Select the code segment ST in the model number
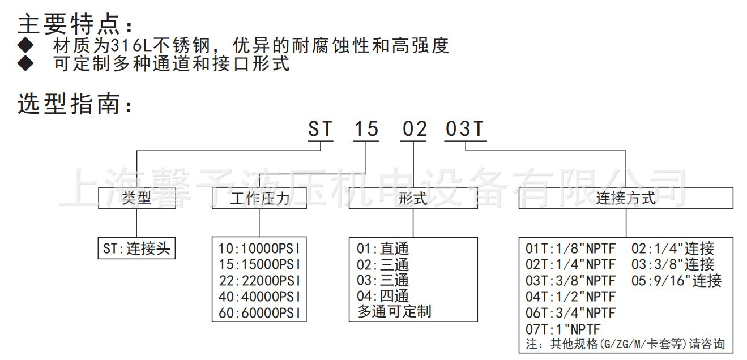(x=320, y=130)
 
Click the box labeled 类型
(x=137, y=198)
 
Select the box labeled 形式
(x=413, y=198)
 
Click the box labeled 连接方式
(x=626, y=198)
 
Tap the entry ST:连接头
(x=136, y=248)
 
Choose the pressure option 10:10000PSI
(x=259, y=248)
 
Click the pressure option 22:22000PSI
(x=259, y=281)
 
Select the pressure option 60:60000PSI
(x=259, y=313)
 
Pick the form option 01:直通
(x=382, y=248)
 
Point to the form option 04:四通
(x=382, y=296)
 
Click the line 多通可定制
(x=394, y=311)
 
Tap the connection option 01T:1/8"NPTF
(x=570, y=248)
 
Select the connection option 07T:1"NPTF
(x=563, y=329)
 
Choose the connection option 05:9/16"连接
(x=677, y=280)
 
